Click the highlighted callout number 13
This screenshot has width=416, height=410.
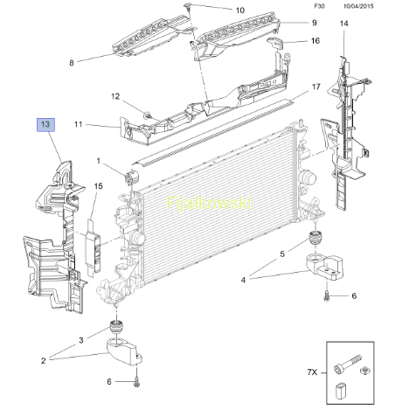45,125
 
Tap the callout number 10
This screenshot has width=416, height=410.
240,10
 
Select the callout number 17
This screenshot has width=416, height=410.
316,87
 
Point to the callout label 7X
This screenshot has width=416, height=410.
312,372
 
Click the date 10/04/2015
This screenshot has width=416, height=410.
358,6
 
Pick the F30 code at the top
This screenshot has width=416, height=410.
319,6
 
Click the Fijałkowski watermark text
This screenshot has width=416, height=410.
209,203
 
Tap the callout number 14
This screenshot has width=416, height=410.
344,24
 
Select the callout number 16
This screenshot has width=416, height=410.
315,40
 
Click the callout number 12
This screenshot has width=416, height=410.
115,96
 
